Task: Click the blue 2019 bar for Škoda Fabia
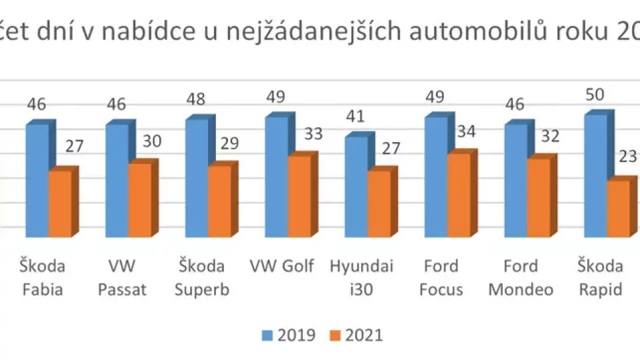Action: [x=37, y=180]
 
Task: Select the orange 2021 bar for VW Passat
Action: [x=139, y=200]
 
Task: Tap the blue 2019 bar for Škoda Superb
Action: [x=197, y=177]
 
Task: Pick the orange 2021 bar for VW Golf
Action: [x=299, y=196]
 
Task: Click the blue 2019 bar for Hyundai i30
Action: [x=356, y=187]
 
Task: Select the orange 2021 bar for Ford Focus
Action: [x=459, y=195]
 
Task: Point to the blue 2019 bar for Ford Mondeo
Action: [x=516, y=180]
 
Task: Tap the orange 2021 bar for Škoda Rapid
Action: [x=617, y=208]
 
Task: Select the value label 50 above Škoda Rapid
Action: [x=595, y=94]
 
